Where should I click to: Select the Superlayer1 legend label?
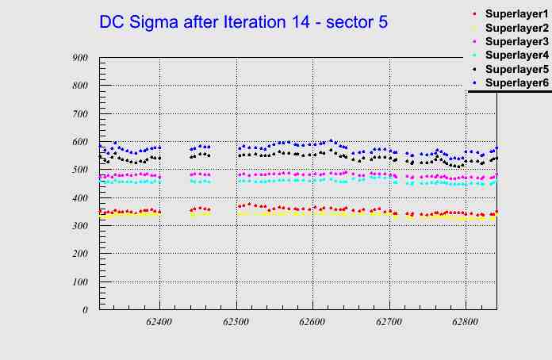[516, 14]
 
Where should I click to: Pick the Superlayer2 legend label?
[516, 28]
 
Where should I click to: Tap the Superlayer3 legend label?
[516, 41]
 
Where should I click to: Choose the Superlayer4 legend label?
[516, 55]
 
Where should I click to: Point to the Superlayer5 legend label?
[516, 69]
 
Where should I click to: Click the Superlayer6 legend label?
[516, 82]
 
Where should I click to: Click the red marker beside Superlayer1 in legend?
[474, 14]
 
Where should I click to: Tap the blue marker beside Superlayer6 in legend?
[474, 82]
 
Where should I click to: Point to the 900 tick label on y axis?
[79, 57]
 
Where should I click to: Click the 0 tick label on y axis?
[84, 310]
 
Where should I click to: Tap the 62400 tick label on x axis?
[160, 323]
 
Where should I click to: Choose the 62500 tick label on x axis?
[236, 323]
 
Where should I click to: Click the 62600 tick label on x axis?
[312, 323]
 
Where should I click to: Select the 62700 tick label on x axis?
[389, 323]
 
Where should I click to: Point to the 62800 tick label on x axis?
[465, 323]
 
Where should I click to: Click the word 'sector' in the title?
[347, 22]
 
